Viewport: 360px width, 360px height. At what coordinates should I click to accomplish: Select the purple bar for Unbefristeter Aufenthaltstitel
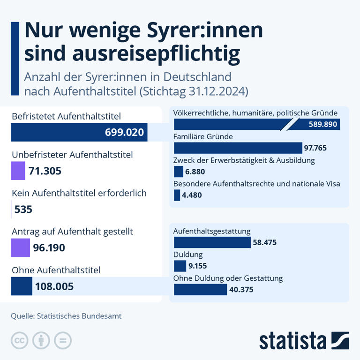17,171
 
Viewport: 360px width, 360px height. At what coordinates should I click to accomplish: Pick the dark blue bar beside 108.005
21,286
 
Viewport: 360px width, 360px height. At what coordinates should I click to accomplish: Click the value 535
23,209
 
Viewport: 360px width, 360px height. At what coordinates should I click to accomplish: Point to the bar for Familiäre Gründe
238,148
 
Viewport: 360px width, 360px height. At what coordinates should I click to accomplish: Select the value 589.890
323,125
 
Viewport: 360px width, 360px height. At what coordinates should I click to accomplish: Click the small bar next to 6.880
178,172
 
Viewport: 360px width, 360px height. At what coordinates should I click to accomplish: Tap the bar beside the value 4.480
177,195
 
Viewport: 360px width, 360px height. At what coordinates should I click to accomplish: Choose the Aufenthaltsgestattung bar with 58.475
212,242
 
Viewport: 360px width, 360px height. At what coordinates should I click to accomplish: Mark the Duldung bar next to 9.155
180,266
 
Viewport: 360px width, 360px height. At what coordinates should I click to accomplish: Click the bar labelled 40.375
200,290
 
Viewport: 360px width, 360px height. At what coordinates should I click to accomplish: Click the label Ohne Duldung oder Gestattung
228,278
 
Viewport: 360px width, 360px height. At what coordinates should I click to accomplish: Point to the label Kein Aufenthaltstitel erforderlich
79,193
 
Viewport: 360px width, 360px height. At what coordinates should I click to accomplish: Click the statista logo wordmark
293,341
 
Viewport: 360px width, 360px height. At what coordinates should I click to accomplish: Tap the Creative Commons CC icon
20,341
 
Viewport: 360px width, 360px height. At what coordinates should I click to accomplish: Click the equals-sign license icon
62,341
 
